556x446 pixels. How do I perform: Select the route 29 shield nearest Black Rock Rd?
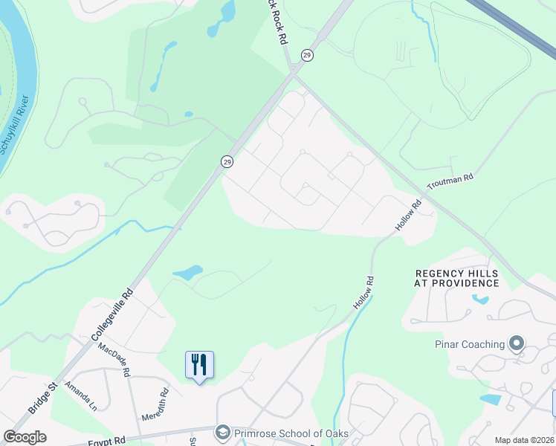[306, 56]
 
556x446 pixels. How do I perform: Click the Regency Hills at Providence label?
[457, 279]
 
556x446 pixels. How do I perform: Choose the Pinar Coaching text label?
[469, 344]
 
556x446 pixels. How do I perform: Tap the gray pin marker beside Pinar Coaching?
[517, 343]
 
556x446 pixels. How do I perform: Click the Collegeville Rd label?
[111, 315]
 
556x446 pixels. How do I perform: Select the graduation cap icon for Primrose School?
[222, 432]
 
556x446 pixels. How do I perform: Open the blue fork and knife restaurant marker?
[199, 365]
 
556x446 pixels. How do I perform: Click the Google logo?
[24, 437]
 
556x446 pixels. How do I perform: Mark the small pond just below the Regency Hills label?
[480, 300]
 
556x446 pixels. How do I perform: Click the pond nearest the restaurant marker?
[188, 273]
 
